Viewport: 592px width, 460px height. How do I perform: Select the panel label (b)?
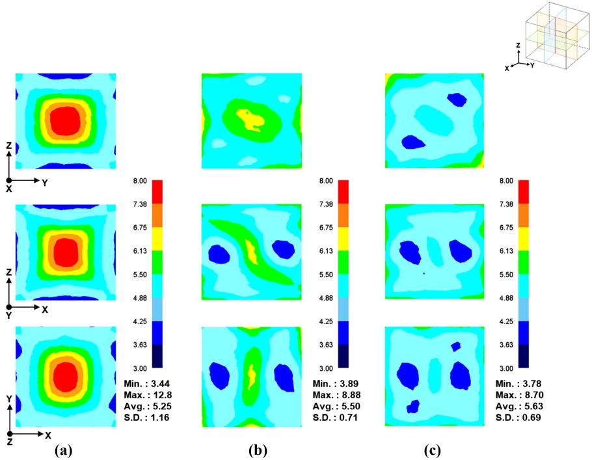pyautogui.click(x=257, y=450)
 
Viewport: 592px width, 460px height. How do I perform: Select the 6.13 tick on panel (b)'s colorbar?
pyautogui.click(x=321, y=251)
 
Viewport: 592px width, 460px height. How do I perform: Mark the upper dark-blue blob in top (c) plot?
pyautogui.click(x=458, y=99)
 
